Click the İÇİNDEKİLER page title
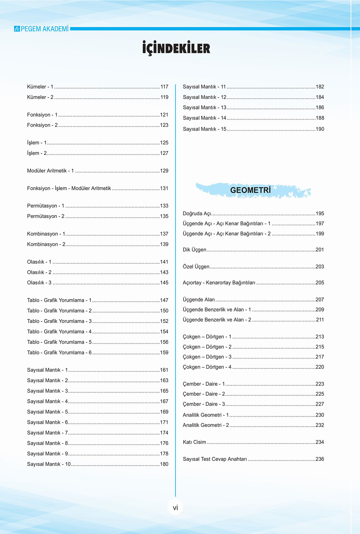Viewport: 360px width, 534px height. (x=176, y=48)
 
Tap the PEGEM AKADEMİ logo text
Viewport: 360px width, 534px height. (x=44, y=29)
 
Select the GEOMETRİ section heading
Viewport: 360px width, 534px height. (x=250, y=190)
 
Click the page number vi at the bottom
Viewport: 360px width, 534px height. (x=175, y=508)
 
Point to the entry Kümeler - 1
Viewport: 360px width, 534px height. (x=40, y=87)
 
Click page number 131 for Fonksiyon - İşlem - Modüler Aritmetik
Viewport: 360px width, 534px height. (x=164, y=188)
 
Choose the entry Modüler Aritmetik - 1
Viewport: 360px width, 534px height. (x=50, y=171)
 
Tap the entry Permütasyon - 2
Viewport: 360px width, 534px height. (x=46, y=216)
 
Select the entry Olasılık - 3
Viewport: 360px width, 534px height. (x=39, y=283)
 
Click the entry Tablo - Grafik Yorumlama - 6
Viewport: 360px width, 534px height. (x=59, y=353)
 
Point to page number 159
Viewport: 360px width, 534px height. (x=164, y=353)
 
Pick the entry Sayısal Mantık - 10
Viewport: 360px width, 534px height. (x=49, y=464)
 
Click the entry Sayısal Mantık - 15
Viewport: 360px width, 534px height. (x=205, y=129)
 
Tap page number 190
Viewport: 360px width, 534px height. (x=320, y=129)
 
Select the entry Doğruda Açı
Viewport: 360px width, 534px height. (x=197, y=214)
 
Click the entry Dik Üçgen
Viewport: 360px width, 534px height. (x=194, y=250)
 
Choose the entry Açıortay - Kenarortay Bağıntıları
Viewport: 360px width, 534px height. (x=219, y=283)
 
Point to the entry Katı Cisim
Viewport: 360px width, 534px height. (x=194, y=442)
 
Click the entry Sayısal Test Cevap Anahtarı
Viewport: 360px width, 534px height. (x=215, y=459)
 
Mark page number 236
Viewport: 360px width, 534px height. (x=320, y=459)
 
